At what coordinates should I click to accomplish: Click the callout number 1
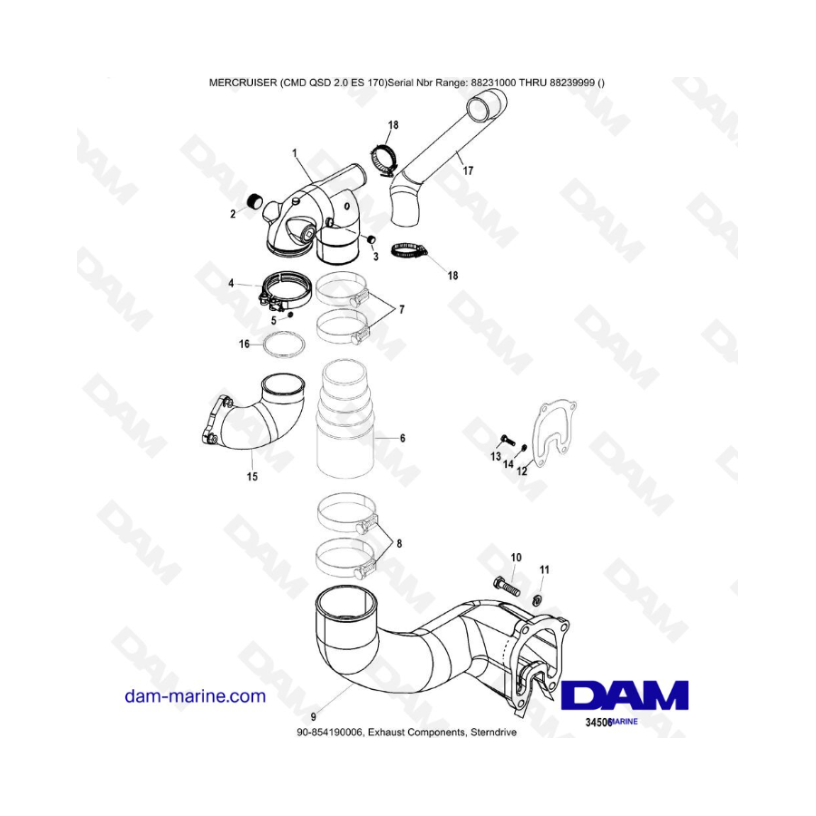point(295,153)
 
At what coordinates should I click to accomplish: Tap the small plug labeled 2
point(254,200)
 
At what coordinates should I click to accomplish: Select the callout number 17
point(468,170)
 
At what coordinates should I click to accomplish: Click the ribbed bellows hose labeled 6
point(345,419)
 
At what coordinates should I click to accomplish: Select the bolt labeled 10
point(506,586)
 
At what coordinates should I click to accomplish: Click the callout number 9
point(313,716)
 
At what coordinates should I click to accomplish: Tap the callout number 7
point(402,310)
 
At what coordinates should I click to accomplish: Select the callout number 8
point(399,544)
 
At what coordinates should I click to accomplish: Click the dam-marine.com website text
point(195,695)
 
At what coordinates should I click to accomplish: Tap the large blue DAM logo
point(625,695)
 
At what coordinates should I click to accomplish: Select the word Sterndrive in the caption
point(493,733)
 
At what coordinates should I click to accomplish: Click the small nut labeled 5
point(290,315)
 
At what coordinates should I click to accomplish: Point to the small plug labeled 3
point(372,238)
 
